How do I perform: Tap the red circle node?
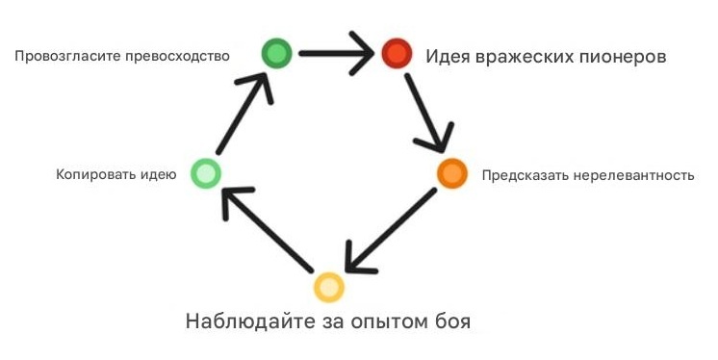(x=396, y=54)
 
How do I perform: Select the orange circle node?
(x=452, y=173)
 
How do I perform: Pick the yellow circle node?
(x=328, y=287)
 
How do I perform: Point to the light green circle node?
(x=206, y=173)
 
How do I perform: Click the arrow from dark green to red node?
(x=336, y=54)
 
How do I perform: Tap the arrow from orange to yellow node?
(x=390, y=231)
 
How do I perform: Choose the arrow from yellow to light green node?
(x=267, y=231)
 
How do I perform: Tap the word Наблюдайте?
(x=245, y=320)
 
